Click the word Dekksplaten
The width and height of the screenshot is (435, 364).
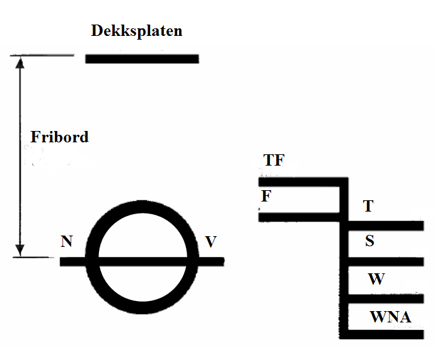[x=137, y=30]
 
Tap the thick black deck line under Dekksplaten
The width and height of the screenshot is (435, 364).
[x=142, y=59]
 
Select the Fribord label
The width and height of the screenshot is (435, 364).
[x=60, y=137]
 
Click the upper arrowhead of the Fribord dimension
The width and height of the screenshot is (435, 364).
[x=20, y=62]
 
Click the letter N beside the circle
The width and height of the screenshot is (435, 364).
[x=66, y=241]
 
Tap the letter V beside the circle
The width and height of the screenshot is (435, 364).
[x=211, y=241]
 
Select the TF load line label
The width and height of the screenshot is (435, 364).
[x=274, y=161]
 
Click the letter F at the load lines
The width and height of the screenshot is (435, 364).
[x=266, y=196]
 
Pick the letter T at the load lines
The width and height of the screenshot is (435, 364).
[x=369, y=206]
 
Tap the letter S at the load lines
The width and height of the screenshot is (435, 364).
[x=369, y=241]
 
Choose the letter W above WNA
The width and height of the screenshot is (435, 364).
[x=376, y=279]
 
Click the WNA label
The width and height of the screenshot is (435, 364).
[x=390, y=317]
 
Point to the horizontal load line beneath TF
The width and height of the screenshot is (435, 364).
[x=299, y=182]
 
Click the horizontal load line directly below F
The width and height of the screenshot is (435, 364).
[x=299, y=218]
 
